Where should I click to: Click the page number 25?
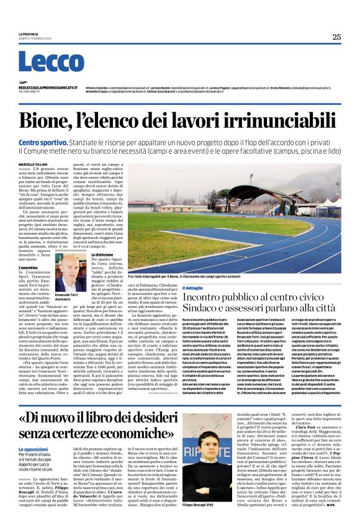(336, 37)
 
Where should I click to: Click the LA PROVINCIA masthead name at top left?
(29, 34)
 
